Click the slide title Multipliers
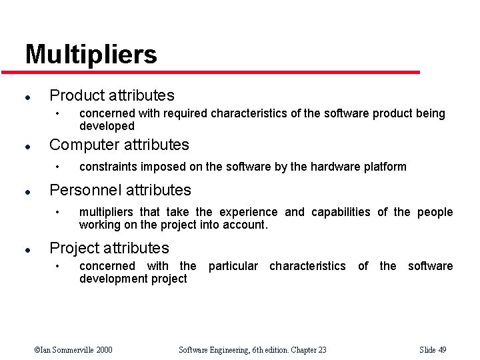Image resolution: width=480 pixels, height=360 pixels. click(x=91, y=54)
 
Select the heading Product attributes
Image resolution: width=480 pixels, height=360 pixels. click(x=111, y=95)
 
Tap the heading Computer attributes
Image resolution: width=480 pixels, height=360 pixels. click(x=119, y=145)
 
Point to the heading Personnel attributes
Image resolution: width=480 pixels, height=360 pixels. click(x=120, y=190)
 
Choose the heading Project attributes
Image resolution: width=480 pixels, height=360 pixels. click(x=109, y=248)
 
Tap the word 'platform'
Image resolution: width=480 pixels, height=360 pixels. click(x=383, y=167)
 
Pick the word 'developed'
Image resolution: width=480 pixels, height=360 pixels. click(x=107, y=126)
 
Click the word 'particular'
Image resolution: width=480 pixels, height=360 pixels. click(x=233, y=266)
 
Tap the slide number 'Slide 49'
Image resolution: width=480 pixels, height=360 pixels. click(x=433, y=349)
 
